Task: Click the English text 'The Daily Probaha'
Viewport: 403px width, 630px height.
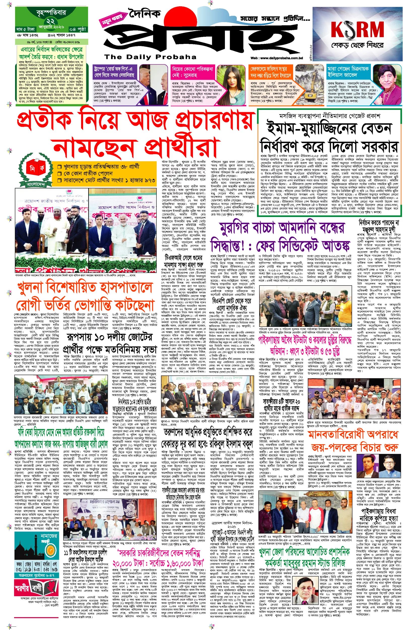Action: (150, 57)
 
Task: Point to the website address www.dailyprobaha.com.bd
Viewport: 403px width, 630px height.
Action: (276, 58)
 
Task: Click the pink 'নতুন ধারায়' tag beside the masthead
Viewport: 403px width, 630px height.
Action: (112, 20)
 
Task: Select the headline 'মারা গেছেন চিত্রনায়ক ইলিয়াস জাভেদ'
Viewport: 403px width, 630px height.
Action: (348, 72)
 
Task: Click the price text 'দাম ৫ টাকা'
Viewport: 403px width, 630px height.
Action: (25, 29)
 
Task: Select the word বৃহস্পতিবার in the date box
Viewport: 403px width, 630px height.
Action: (51, 12)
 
